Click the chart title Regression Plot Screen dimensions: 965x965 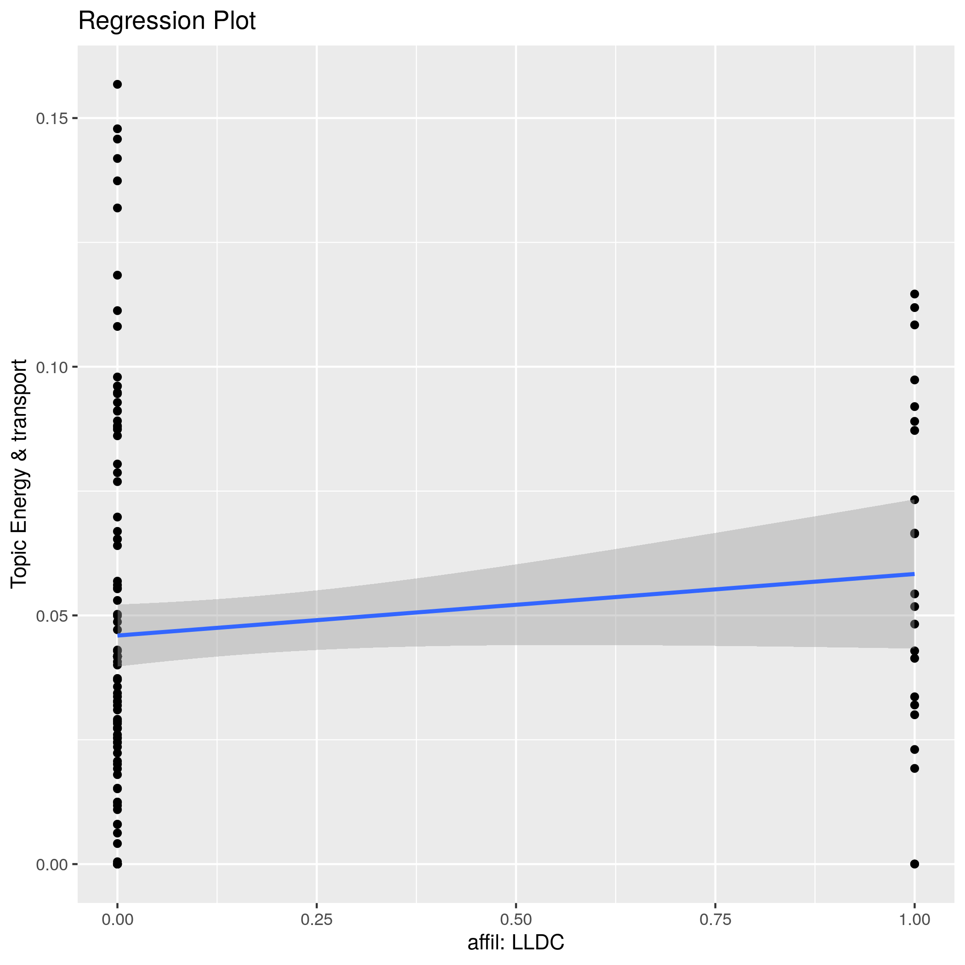point(167,22)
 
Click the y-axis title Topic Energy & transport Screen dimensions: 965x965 point(19,473)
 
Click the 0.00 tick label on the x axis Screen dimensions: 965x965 point(117,920)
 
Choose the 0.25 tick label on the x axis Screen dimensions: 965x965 point(317,920)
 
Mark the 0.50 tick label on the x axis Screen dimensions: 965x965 point(516,920)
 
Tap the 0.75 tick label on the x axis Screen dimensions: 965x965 point(715,920)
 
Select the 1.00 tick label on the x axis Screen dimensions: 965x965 point(914,920)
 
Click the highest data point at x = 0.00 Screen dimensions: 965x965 point(117,85)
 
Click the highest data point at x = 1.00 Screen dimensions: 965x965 point(914,294)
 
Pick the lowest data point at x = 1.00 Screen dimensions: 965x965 point(914,864)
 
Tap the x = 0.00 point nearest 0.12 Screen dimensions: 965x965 point(117,275)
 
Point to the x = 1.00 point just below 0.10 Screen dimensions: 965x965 point(914,380)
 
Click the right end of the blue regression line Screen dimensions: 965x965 point(914,574)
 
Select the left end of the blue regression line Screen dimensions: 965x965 point(118,636)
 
